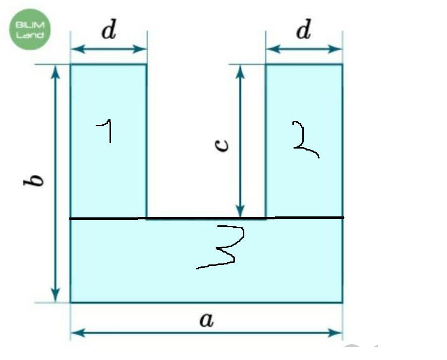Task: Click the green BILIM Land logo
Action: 30,30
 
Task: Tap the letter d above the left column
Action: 109,31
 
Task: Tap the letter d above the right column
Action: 303,31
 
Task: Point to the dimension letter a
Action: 206,320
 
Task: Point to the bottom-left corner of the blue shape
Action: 70,302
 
